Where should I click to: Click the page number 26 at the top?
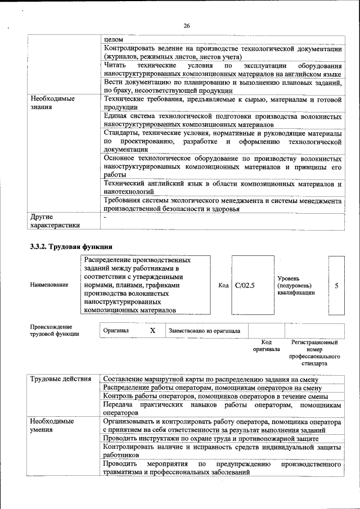tap(187, 26)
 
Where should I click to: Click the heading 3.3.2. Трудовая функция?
tap(71, 246)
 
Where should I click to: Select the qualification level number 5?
tap(336, 285)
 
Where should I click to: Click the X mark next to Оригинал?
tap(152, 331)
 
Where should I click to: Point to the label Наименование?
tap(49, 285)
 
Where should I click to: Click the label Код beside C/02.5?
tap(223, 285)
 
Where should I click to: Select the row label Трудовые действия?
tap(61, 379)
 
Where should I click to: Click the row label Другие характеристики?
tap(55, 220)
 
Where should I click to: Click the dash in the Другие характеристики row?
tap(105, 217)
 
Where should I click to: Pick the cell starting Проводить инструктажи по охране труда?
tap(211, 438)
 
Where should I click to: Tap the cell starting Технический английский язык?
tap(223, 188)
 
